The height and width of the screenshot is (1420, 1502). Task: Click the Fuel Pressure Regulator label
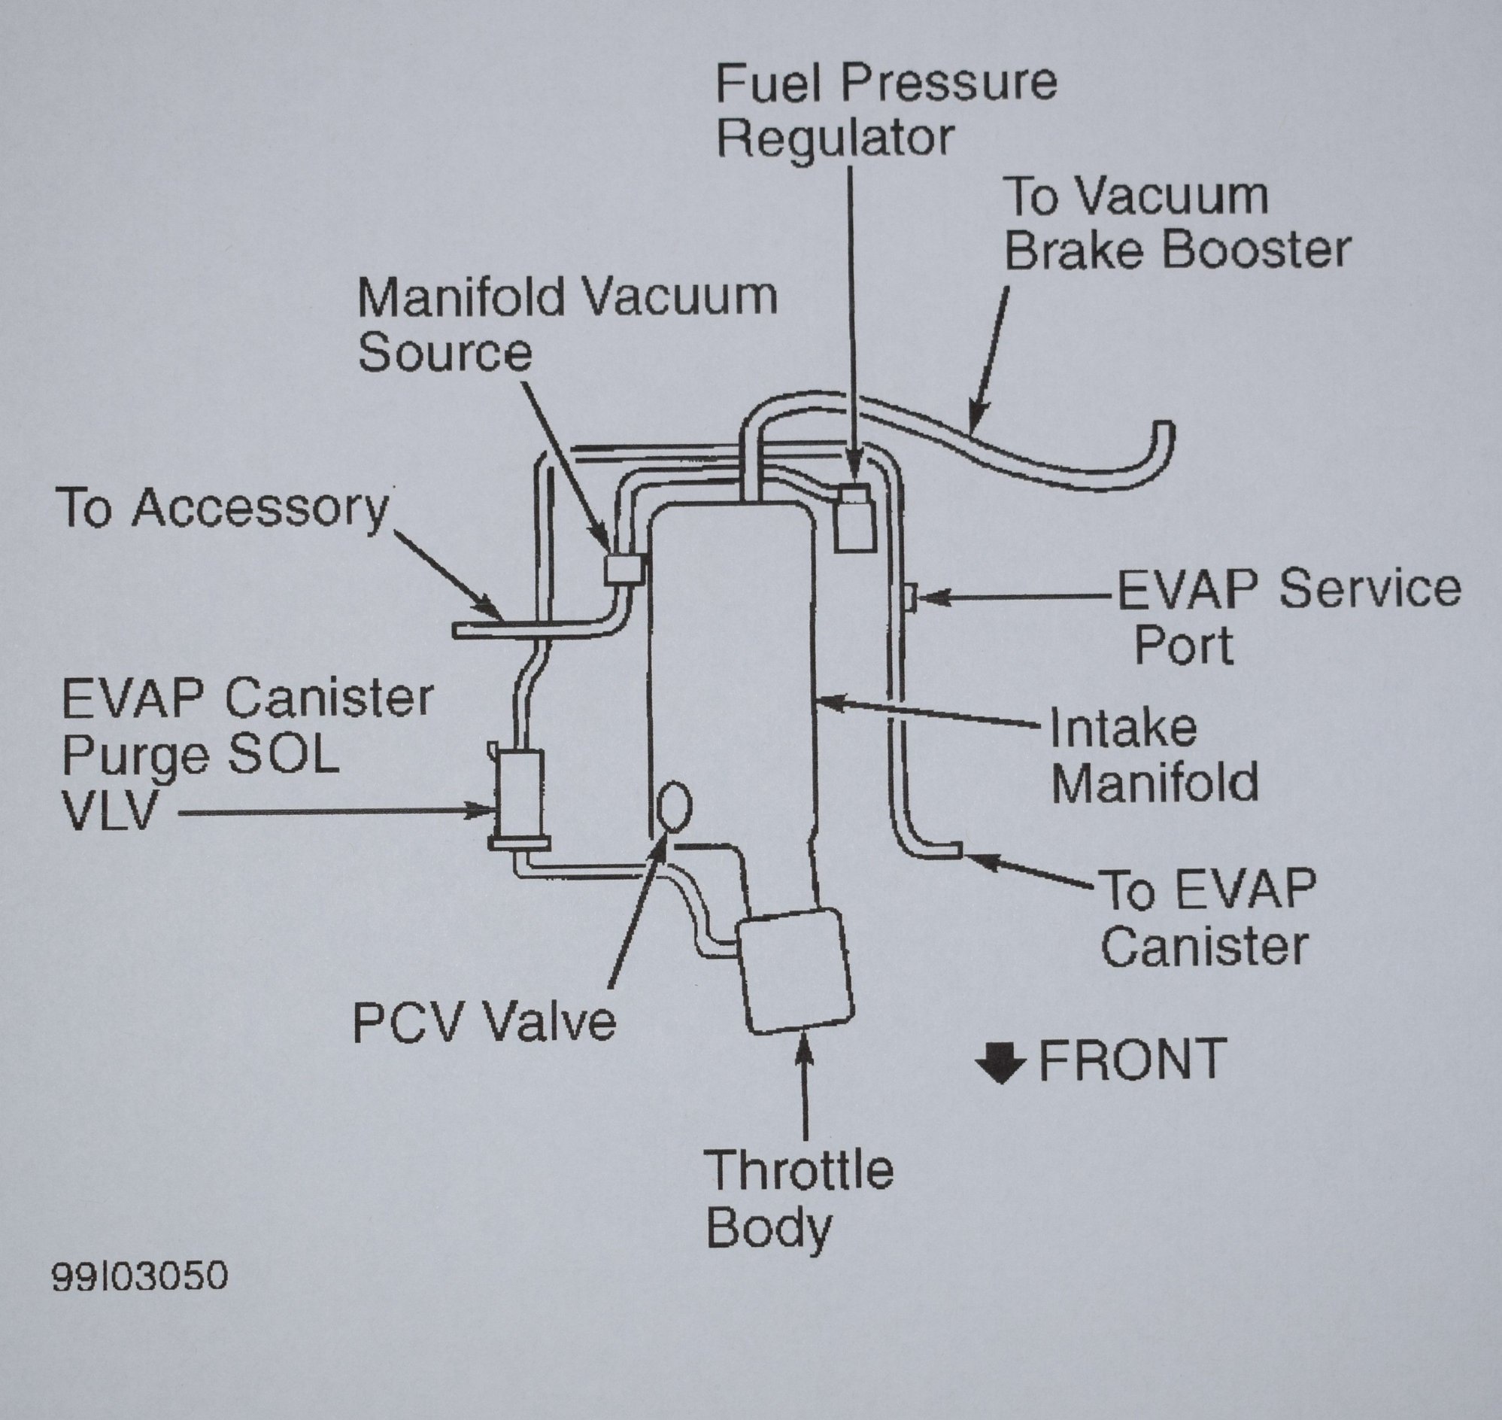(885, 110)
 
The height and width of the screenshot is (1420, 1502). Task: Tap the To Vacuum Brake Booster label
(1176, 223)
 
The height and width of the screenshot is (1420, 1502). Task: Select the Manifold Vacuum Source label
(567, 324)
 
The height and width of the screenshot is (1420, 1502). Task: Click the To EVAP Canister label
(1208, 917)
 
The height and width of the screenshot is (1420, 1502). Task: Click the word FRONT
(1132, 1060)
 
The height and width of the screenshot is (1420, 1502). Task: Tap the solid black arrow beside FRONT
(1000, 1062)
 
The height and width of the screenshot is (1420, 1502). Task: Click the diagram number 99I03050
(139, 1276)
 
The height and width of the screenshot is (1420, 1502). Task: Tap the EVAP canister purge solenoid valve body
(518, 795)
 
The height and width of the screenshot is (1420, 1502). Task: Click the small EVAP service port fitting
(910, 597)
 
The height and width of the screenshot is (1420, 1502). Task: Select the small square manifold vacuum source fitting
(624, 568)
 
